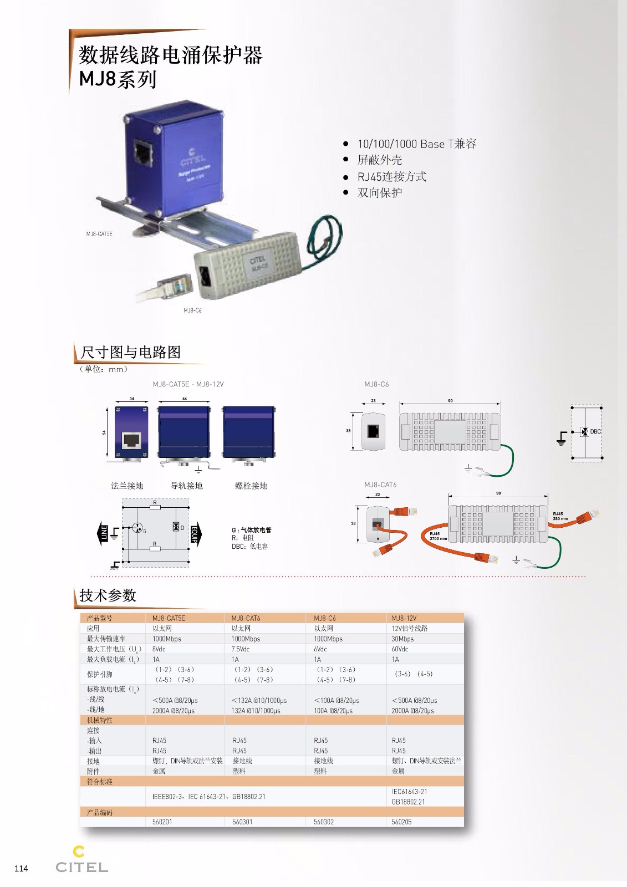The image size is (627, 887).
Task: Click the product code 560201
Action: point(162,822)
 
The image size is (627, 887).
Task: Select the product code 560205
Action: point(401,822)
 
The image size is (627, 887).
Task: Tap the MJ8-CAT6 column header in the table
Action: point(246,618)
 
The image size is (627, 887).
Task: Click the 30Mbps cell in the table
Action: point(402,639)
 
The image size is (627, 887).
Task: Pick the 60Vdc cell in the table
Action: point(400,649)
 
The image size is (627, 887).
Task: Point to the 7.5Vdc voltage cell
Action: point(241,649)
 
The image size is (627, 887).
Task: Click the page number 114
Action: point(21,869)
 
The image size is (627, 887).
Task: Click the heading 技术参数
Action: point(108,595)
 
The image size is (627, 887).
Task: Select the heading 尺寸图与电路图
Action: point(131,352)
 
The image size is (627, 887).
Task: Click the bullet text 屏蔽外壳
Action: point(380,160)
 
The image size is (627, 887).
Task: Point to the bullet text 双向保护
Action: point(380,193)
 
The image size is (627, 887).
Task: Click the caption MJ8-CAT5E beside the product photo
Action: point(99,234)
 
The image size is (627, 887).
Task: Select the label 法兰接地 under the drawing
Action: point(127,486)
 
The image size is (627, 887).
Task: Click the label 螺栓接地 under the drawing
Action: point(251,486)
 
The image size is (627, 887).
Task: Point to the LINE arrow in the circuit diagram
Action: point(103,533)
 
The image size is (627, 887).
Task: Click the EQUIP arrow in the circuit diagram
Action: point(196,533)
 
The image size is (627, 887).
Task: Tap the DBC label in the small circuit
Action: point(595,431)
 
